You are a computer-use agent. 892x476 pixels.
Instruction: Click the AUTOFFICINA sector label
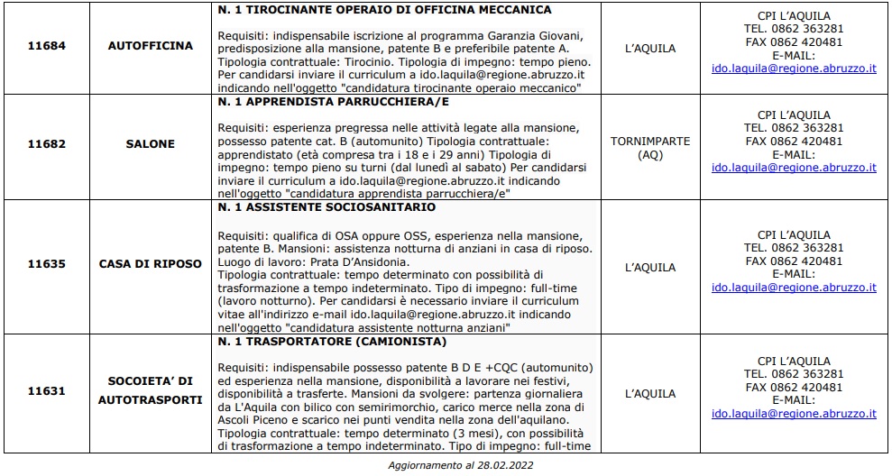(x=150, y=44)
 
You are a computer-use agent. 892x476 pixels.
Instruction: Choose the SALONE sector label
(x=150, y=143)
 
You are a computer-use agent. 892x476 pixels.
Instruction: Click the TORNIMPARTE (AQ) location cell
(x=650, y=148)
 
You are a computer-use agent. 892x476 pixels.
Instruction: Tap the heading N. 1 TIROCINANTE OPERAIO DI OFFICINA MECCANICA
(x=384, y=10)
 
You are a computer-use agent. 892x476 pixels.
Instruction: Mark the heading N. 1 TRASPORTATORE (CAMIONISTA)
(x=332, y=342)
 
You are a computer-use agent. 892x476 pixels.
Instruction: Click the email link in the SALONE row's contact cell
(x=794, y=168)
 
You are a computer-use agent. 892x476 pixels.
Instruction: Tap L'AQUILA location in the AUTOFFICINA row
(x=650, y=49)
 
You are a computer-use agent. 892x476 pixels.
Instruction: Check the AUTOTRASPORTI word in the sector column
(x=150, y=399)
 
